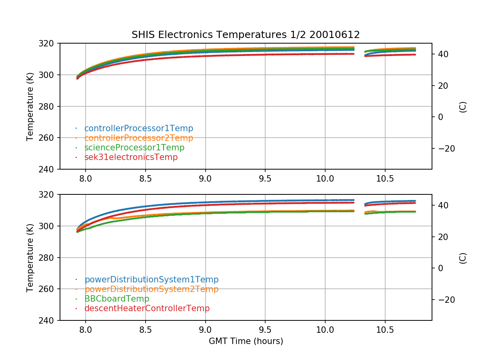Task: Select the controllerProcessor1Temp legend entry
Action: [x=138, y=128]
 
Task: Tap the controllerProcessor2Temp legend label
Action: [x=138, y=138]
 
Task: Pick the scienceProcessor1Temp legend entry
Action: [x=134, y=148]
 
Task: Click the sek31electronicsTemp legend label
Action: [x=131, y=157]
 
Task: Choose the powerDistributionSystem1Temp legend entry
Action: [x=151, y=280]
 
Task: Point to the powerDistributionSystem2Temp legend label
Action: [x=151, y=289]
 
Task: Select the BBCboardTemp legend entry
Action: [x=116, y=299]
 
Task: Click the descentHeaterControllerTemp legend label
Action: [x=147, y=308]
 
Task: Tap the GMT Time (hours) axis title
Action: [x=246, y=341]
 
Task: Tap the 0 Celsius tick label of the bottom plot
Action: [x=440, y=268]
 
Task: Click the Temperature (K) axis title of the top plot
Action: [x=30, y=106]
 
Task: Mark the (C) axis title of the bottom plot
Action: [x=463, y=258]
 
